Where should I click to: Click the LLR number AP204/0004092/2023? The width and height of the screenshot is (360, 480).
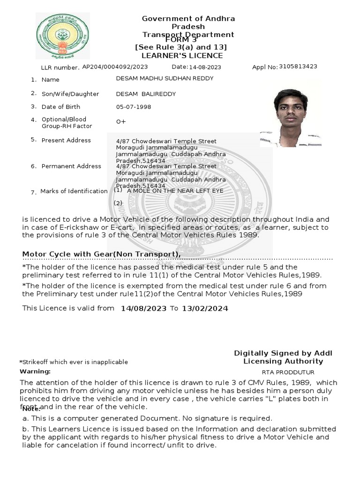pos(115,67)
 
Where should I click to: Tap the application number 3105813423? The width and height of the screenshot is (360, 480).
pos(298,67)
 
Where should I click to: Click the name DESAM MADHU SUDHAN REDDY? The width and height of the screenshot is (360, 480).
pos(165,78)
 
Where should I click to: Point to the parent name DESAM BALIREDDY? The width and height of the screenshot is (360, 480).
pos(146,94)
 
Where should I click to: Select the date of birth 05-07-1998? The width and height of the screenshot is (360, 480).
pos(134,107)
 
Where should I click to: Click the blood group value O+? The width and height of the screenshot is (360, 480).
pos(121,121)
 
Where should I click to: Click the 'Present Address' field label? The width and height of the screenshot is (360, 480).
pos(66,140)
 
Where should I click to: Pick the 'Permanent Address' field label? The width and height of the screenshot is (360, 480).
pos(71,166)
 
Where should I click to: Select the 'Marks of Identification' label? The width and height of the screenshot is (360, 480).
pos(74,191)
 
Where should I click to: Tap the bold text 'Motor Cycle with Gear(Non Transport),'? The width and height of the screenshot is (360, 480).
pos(102,254)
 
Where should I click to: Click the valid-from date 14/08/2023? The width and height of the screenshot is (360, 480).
pos(143,308)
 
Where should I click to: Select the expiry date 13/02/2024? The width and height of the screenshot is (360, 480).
pos(205,308)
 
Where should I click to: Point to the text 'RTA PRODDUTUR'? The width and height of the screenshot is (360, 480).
pos(283,372)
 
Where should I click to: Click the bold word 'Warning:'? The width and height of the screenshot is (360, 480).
pos(35,371)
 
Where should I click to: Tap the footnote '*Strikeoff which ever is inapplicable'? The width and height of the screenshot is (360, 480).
pos(73,362)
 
